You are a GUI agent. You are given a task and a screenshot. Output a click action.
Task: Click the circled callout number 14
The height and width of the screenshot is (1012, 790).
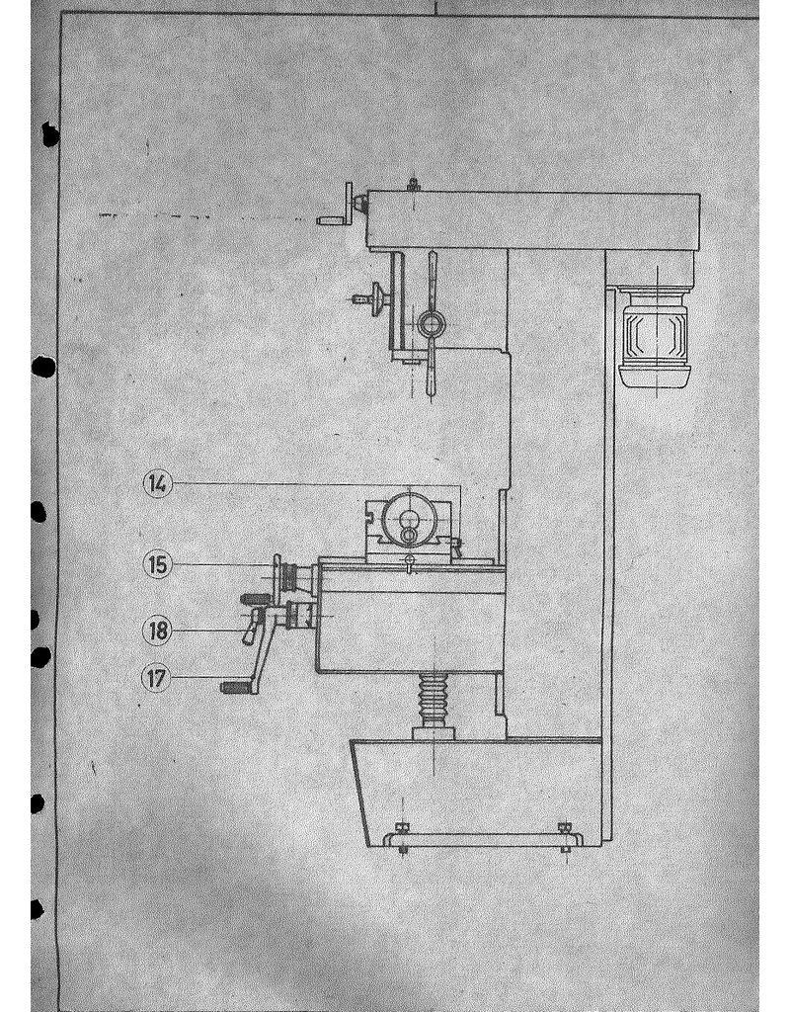pos(156,483)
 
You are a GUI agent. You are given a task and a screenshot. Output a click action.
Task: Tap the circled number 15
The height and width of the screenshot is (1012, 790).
pos(156,564)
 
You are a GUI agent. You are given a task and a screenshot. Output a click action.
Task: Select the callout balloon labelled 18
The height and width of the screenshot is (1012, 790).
pos(156,629)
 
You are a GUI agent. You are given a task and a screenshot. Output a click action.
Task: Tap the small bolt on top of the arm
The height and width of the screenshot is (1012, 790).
pos(413,183)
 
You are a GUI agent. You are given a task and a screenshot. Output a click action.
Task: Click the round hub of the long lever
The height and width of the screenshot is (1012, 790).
pos(432,322)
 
